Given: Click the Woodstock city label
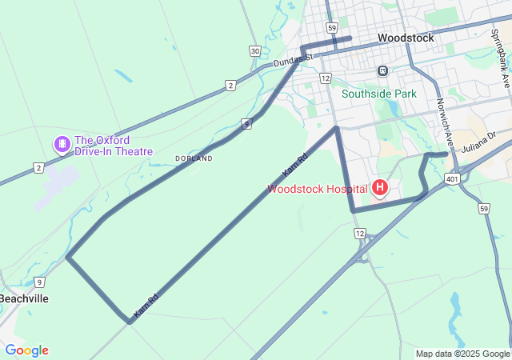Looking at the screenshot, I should (x=406, y=38).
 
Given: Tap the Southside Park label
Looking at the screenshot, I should (x=379, y=94).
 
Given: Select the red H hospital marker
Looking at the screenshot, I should (x=380, y=189).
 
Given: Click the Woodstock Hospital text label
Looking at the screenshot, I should (x=317, y=190).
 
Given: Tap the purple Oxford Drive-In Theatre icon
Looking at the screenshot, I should (x=62, y=145).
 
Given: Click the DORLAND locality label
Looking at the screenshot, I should (x=194, y=158).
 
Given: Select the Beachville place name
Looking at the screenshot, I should (x=23, y=298).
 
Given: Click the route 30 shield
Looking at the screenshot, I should (x=254, y=51).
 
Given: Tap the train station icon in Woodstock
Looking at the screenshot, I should (x=383, y=70).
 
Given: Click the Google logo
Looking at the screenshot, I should (x=26, y=350).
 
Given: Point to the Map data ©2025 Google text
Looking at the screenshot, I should (x=462, y=354).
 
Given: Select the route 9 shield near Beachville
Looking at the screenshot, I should (x=39, y=282).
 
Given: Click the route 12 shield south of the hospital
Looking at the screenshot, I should (x=360, y=233).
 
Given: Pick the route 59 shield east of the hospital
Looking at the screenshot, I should (x=484, y=209).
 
